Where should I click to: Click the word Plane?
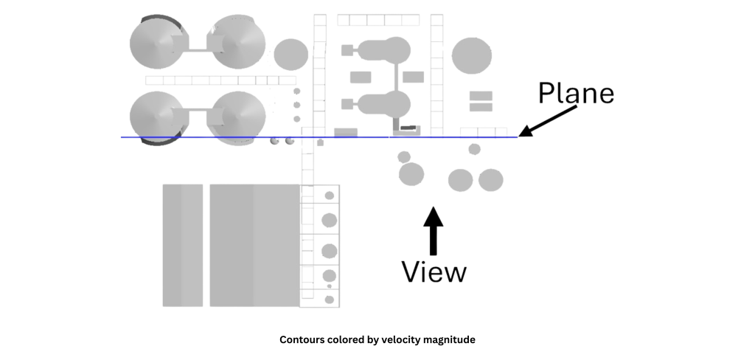(576, 94)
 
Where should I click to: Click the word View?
(434, 272)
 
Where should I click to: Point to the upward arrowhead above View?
(434, 215)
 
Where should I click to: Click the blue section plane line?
(221, 137)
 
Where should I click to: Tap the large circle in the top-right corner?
(472, 55)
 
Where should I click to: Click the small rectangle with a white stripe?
(480, 100)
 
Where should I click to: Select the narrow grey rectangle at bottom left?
(182, 244)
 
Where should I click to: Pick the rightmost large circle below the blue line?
(490, 180)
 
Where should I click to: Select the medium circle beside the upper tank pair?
(291, 53)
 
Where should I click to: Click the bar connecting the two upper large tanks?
(197, 49)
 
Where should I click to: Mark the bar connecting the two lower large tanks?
(197, 114)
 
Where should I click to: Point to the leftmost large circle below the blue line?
(411, 175)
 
